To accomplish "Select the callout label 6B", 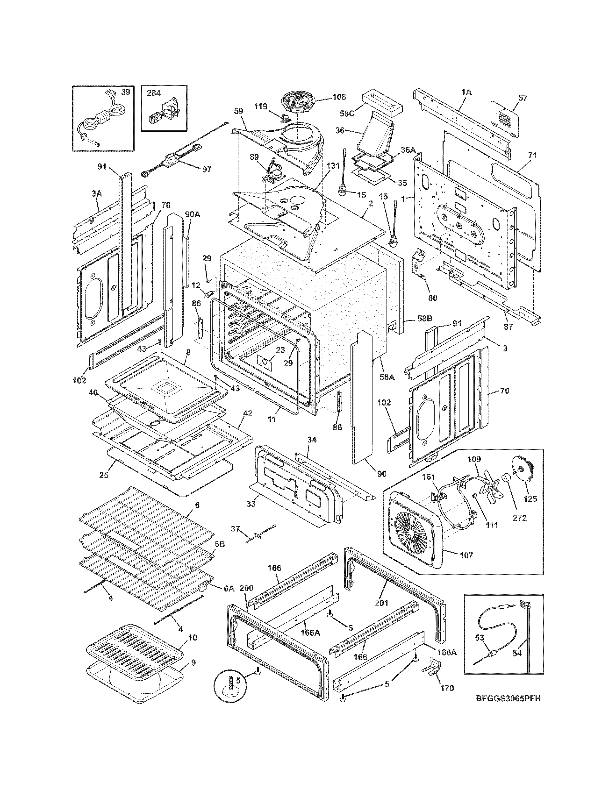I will pos(219,554).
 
